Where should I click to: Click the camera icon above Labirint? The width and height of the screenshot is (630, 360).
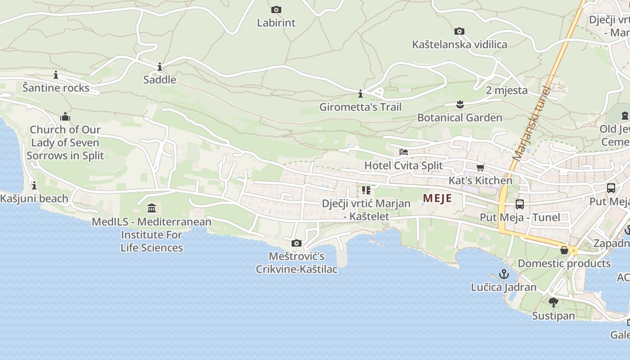click(276, 9)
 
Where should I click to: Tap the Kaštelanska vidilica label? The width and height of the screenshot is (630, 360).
click(459, 45)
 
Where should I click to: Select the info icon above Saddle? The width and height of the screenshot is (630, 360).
click(160, 67)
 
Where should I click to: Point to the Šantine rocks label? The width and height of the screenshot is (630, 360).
click(56, 88)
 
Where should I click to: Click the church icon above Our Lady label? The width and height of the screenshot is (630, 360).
click(65, 117)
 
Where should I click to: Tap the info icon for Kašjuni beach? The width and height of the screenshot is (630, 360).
click(34, 185)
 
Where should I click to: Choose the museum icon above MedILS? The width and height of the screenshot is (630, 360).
click(152, 208)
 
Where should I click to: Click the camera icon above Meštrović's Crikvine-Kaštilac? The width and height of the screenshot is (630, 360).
click(297, 243)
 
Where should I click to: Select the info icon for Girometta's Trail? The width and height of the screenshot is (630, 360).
click(360, 94)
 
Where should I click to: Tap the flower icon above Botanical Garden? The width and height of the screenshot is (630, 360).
click(459, 104)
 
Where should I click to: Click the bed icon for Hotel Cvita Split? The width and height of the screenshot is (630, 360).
click(404, 152)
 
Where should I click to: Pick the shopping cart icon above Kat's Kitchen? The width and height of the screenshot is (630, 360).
click(480, 167)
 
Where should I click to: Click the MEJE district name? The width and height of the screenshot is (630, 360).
click(437, 198)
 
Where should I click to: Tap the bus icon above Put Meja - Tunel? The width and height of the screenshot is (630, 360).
click(520, 204)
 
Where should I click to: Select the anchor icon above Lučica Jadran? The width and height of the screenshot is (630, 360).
click(504, 274)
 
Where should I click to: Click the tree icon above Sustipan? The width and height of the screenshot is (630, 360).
click(553, 302)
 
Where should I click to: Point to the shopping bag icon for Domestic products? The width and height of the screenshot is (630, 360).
click(564, 250)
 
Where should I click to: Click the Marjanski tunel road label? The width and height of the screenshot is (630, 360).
click(531, 124)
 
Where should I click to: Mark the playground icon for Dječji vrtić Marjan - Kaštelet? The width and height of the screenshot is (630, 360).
click(366, 190)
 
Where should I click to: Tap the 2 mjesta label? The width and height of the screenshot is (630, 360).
click(507, 90)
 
